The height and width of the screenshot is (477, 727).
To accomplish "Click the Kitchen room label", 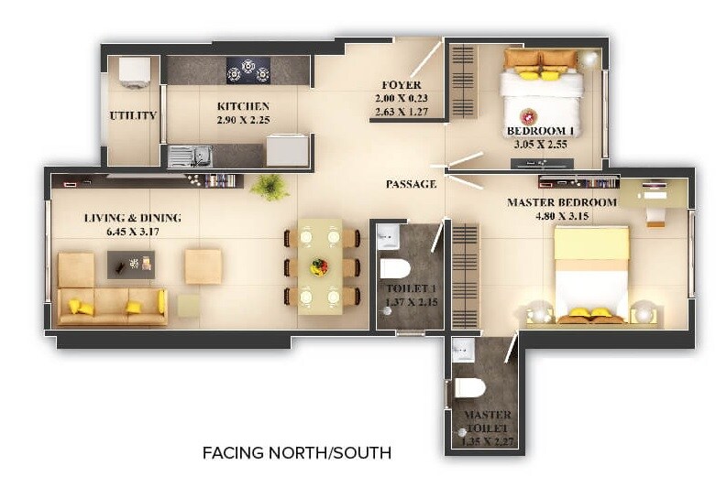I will [243, 106].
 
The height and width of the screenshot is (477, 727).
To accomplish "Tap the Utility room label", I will [133, 115].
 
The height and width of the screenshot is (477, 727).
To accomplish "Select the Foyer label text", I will [402, 85].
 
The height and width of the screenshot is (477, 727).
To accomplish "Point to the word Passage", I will [410, 184].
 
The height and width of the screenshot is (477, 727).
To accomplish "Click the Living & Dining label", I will [133, 218].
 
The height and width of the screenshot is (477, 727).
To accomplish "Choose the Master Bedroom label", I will [562, 201].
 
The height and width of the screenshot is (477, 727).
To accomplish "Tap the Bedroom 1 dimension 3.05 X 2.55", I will [540, 144].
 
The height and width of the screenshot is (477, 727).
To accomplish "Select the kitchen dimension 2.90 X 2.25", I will [243, 120].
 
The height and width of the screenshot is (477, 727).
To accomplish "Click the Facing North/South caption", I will [296, 452].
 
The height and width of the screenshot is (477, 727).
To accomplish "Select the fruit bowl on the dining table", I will [319, 266].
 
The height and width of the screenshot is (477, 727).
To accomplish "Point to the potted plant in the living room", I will [270, 187].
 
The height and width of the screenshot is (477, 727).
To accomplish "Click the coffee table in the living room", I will [131, 265].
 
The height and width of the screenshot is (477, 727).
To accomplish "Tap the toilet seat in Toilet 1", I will [395, 269].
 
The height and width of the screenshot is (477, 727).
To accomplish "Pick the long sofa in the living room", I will [112, 306].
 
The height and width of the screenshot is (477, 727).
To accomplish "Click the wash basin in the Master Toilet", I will [464, 349].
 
